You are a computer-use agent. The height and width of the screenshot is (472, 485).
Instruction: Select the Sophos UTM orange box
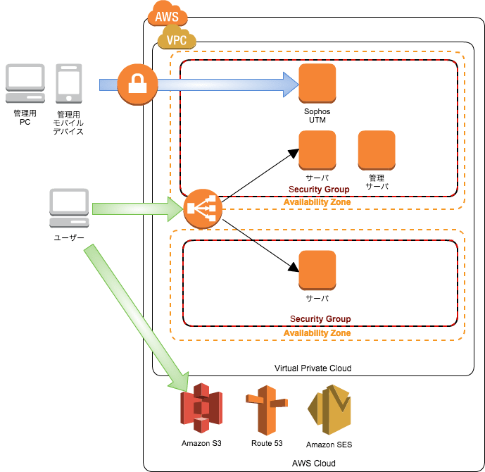tap(317, 83)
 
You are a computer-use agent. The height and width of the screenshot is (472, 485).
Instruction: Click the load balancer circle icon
tap(203, 209)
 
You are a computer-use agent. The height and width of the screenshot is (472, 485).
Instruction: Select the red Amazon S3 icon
tap(201, 410)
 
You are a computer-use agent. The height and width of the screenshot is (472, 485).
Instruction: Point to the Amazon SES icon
tap(329, 410)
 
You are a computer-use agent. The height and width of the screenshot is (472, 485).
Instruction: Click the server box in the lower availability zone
tap(317, 271)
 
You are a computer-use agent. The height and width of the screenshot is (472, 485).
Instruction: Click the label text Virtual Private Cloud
tap(312, 368)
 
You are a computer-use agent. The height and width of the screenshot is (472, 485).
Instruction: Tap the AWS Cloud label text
tap(313, 463)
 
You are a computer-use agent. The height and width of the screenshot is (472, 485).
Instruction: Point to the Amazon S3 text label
tap(201, 444)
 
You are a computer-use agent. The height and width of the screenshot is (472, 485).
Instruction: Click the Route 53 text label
tap(265, 444)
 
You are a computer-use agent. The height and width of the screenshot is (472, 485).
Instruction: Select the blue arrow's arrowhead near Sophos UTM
tap(290, 85)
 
